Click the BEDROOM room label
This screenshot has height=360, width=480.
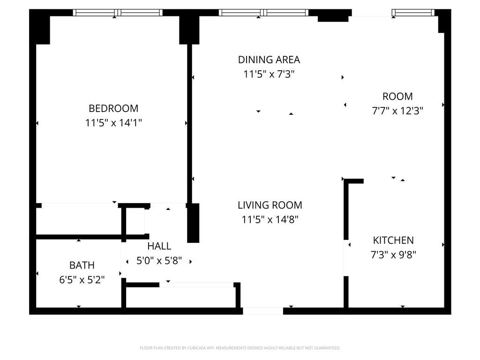113,108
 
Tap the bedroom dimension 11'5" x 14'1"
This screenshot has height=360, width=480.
113,123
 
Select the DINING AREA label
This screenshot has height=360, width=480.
269,60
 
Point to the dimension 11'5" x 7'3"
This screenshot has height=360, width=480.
269,74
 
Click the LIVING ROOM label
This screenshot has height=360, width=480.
270,205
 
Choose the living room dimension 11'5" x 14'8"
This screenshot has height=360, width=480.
270,219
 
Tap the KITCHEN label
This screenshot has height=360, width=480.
393,240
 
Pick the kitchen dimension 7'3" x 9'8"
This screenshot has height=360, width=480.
393,255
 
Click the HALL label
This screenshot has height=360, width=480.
159,246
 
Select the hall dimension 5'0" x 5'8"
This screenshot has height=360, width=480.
159,261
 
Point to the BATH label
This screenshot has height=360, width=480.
82,265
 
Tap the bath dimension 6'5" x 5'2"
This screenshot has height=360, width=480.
82,280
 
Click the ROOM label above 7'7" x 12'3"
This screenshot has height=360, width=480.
397,97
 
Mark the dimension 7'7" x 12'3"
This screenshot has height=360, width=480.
397,111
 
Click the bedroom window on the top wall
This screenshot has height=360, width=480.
118,13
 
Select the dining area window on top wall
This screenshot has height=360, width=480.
263,13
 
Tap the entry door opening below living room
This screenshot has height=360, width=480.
262,311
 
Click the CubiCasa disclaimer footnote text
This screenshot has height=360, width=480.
240,348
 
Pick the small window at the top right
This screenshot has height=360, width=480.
413,13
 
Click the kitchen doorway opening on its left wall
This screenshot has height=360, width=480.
346,258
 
